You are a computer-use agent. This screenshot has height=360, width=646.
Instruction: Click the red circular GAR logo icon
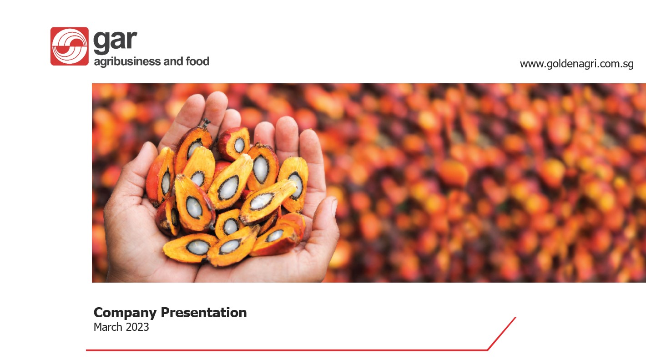click(70, 46)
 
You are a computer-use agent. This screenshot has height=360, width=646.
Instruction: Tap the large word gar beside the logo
click(115, 41)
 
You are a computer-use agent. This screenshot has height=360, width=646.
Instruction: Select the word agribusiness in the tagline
click(127, 62)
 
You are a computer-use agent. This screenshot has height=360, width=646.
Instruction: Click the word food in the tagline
click(197, 61)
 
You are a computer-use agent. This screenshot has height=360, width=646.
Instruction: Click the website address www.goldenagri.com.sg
click(576, 64)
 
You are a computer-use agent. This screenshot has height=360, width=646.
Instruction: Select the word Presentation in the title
click(204, 312)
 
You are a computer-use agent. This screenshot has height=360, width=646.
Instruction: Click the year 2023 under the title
click(137, 327)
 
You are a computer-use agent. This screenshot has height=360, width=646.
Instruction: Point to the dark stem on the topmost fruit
click(206, 123)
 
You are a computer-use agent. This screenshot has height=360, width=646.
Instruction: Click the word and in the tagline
click(173, 61)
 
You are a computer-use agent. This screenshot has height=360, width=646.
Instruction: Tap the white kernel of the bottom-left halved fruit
click(198, 248)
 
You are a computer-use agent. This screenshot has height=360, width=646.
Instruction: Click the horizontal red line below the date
click(287, 350)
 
